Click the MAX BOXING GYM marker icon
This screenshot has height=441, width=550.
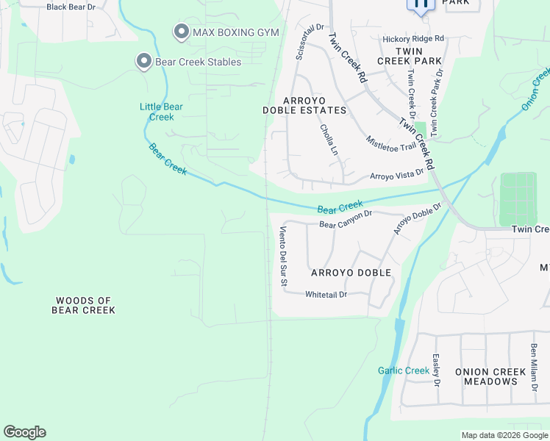tap(181, 32)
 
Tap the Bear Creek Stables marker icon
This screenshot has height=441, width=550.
tap(143, 62)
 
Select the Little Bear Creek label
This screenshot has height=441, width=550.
tap(161, 112)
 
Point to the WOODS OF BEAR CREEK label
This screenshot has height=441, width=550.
tap(83, 305)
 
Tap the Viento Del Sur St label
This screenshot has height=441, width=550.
tap(282, 256)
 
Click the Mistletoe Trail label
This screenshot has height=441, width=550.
tap(391, 142)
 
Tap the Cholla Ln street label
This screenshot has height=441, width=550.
tap(329, 139)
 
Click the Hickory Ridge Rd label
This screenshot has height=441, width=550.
tap(413, 38)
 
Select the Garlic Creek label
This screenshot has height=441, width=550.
tap(404, 370)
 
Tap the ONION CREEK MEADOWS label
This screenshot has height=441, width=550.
tap(487, 377)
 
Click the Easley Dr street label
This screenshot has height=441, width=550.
tap(436, 371)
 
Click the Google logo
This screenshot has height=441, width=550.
tap(24, 432)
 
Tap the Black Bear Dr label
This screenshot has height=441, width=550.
tap(71, 7)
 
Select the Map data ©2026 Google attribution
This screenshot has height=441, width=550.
tap(504, 435)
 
